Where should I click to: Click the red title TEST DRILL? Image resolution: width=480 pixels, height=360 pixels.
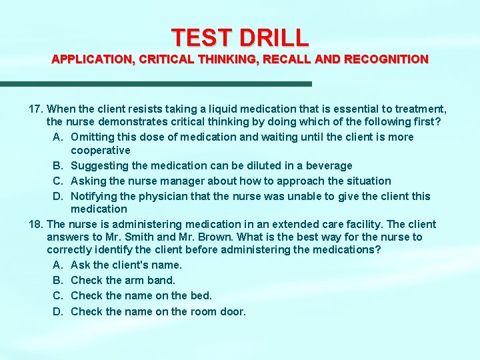coord(240,37)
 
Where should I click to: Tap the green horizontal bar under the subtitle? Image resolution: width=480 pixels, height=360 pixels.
coord(156,83)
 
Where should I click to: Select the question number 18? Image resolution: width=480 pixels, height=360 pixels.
coord(37,224)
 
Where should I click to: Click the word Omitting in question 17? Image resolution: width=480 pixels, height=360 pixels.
coord(92,137)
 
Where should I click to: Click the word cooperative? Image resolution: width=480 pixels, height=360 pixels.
coord(100,150)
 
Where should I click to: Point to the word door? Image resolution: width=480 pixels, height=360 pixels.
coord(233,311)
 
